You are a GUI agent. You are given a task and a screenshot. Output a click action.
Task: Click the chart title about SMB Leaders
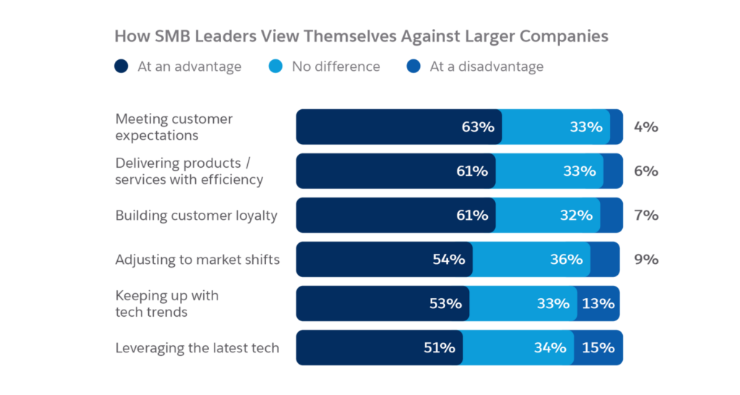tap(361, 36)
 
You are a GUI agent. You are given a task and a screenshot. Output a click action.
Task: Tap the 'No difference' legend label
tap(335, 67)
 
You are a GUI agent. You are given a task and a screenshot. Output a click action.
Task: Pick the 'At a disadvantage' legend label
tap(486, 67)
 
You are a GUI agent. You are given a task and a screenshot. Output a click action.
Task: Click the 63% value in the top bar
tap(478, 127)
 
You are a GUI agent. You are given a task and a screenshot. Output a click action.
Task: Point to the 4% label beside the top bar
tap(646, 127)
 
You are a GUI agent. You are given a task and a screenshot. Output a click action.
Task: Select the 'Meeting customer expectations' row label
tap(173, 127)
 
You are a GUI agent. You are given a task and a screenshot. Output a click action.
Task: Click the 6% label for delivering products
tap(646, 171)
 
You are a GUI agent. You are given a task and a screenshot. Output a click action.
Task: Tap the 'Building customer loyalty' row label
tap(196, 216)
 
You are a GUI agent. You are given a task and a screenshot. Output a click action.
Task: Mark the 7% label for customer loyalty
tap(646, 216)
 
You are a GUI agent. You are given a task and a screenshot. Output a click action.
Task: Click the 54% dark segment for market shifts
tap(384, 260)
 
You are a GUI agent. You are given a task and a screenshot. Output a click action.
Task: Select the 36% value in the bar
tap(566, 260)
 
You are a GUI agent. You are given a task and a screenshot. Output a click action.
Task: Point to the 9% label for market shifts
tap(646, 260)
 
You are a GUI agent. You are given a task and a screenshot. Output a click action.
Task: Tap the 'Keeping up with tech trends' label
tap(167, 304)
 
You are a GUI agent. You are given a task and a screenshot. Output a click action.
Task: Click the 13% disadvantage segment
tap(598, 304)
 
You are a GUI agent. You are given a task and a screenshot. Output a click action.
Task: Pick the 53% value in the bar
tap(444, 304)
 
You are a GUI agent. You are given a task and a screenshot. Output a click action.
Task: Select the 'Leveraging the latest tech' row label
tap(197, 348)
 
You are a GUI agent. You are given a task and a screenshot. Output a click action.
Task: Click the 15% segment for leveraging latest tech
tap(598, 348)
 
